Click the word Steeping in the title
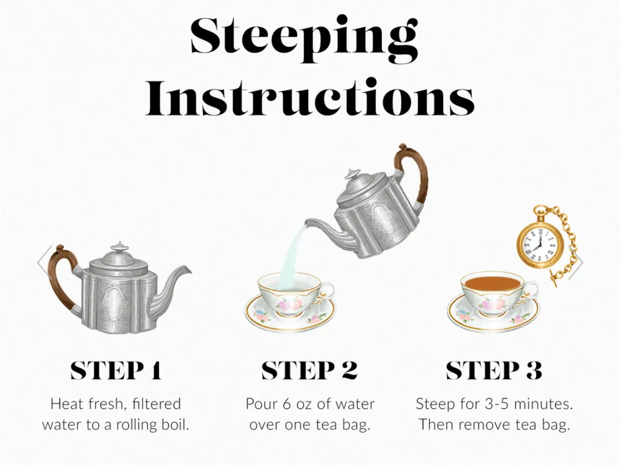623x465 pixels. tap(304, 38)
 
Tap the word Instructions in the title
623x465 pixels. tap(309, 97)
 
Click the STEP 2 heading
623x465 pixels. tap(309, 370)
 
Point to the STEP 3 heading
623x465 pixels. tap(494, 370)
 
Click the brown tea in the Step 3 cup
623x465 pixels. tap(493, 283)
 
